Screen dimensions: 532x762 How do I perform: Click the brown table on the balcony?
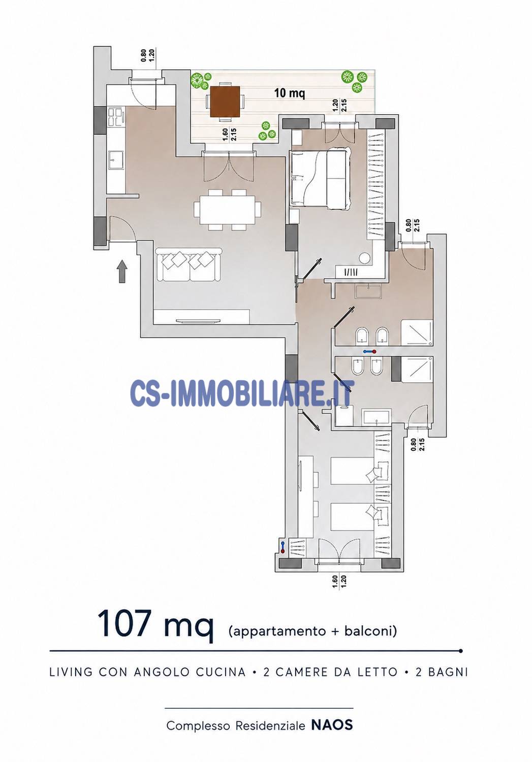(x=225, y=102)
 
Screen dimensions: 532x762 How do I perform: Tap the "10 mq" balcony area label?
(x=290, y=93)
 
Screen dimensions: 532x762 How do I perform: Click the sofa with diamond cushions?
(x=189, y=264)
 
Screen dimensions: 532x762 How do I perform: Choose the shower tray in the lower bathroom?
(x=417, y=370)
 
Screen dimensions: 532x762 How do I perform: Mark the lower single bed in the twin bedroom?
(x=359, y=517)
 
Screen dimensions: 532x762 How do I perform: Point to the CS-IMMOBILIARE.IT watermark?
(x=242, y=393)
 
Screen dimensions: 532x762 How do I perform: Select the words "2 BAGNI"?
(x=442, y=672)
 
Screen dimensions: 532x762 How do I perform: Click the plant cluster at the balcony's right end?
(x=354, y=81)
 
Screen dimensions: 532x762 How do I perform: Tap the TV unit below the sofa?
(x=201, y=316)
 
